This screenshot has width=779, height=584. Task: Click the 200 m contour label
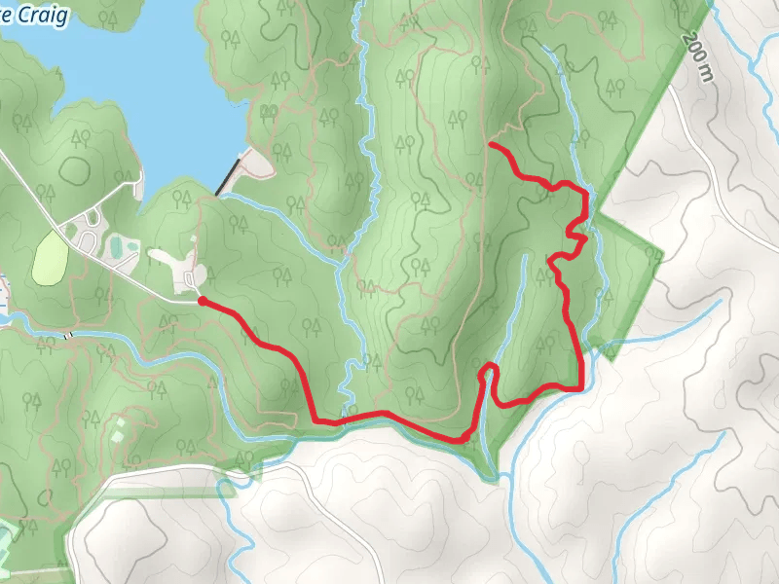[x=694, y=60]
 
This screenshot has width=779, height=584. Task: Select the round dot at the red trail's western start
[x=202, y=302]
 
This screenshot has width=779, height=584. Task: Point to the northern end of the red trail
[x=490, y=145]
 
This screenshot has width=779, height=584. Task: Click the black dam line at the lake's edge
[x=228, y=176]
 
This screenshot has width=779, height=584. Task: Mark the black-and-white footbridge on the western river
[x=67, y=335]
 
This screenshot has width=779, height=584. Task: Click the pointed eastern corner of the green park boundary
[x=662, y=255]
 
